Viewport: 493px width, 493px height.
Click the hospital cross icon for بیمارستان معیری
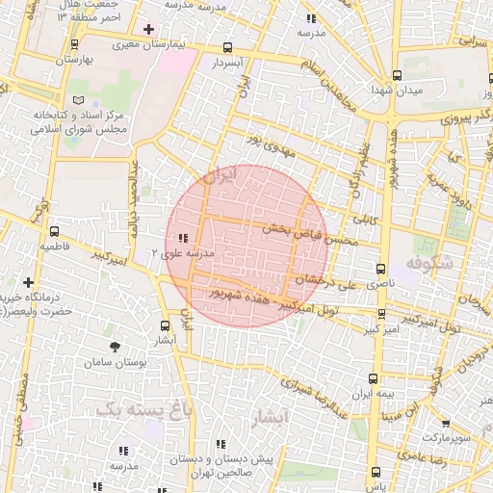[x=147, y=29]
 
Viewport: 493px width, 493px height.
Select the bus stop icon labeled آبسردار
[x=227, y=47]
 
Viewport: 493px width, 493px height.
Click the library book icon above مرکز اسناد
[x=79, y=100]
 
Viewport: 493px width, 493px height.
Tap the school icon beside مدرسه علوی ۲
[x=183, y=238]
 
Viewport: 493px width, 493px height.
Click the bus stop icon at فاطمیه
[x=54, y=231]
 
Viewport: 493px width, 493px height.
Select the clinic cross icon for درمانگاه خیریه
[x=28, y=283]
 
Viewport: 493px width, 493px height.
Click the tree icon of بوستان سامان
[x=116, y=345]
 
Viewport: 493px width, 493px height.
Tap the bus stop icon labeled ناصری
[x=381, y=269]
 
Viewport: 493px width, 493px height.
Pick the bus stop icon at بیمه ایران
[x=374, y=378]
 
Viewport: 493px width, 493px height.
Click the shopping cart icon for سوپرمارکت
[x=444, y=423]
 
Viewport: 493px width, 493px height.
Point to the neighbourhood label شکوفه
[x=428, y=262]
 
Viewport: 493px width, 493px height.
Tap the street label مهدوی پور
[x=266, y=144]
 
